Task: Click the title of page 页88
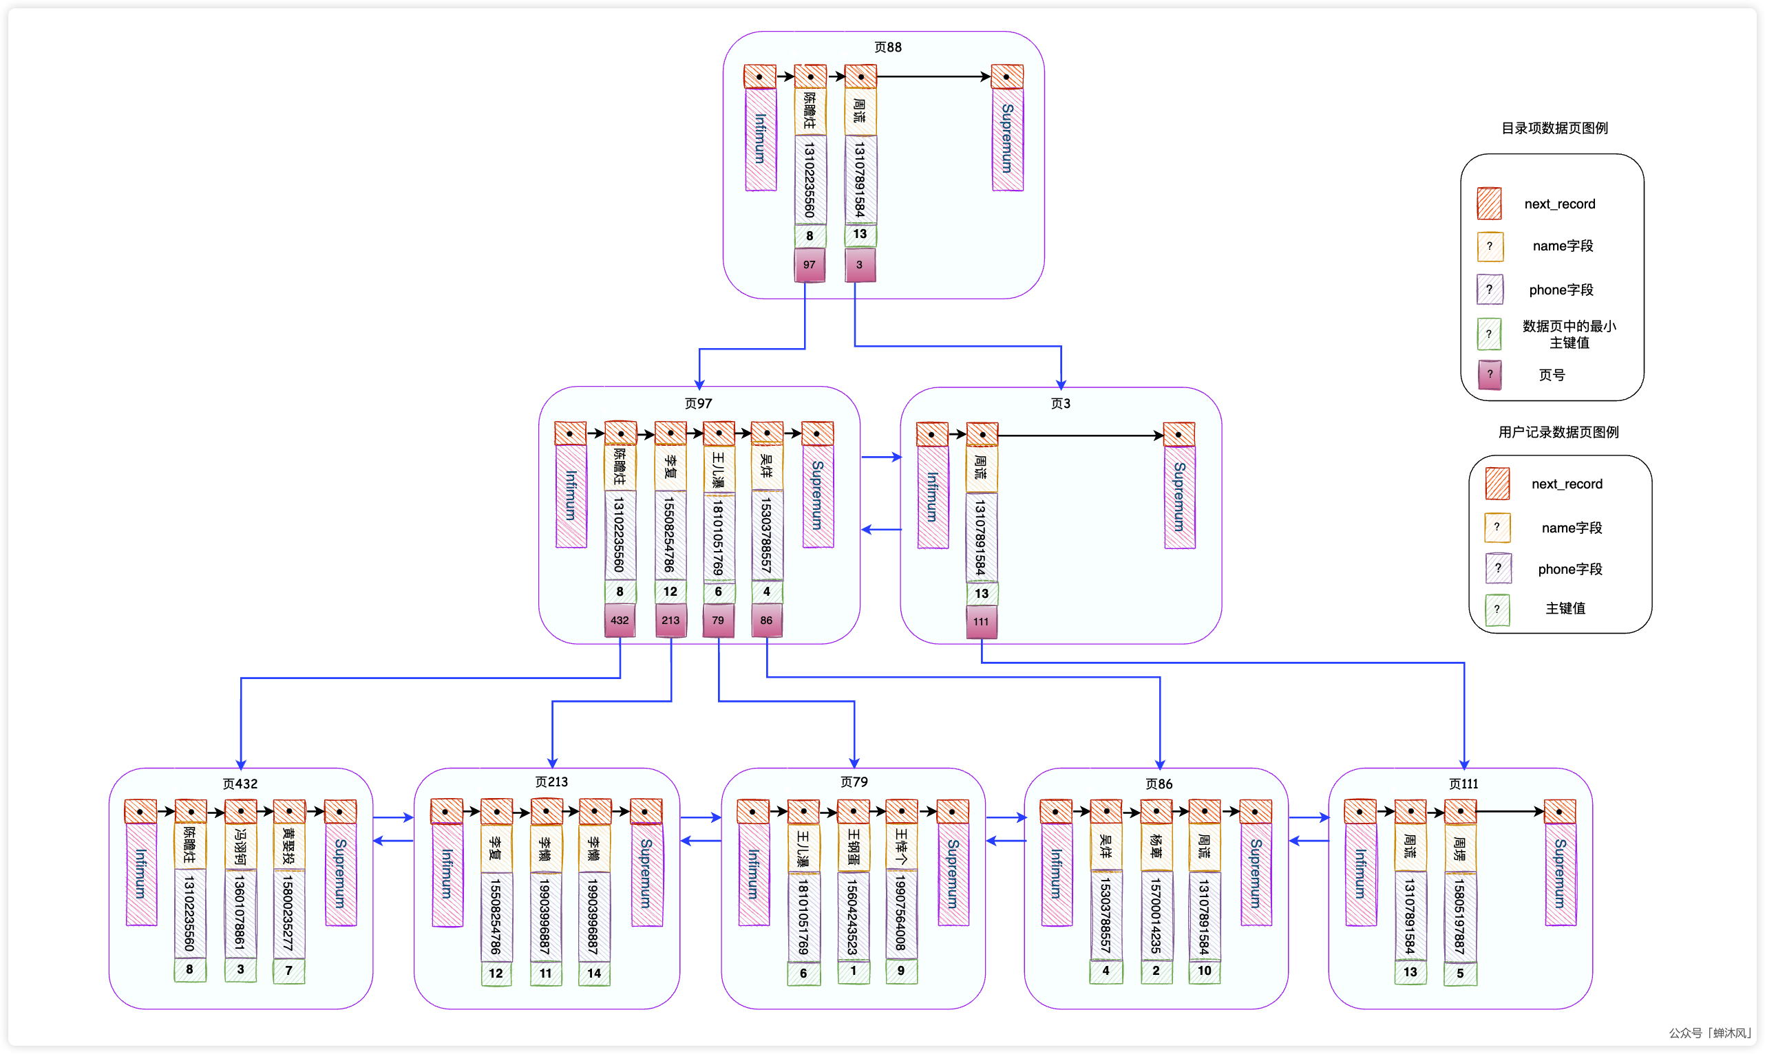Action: click(x=887, y=47)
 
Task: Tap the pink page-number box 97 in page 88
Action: click(x=810, y=264)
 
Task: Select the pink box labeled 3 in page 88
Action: click(x=860, y=264)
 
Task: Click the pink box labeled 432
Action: click(x=620, y=620)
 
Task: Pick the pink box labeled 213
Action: click(x=670, y=620)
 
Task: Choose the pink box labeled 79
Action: click(x=719, y=620)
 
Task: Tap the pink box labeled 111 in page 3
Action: click(x=981, y=621)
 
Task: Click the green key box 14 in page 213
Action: click(x=594, y=973)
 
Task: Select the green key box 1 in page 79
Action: click(x=853, y=971)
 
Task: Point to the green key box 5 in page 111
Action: click(x=1460, y=973)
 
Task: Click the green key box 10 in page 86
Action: click(x=1205, y=971)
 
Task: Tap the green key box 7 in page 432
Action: click(x=288, y=970)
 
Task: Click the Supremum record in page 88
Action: click(x=1007, y=138)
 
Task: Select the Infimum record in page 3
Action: click(x=933, y=497)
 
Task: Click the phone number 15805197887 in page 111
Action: click(x=1459, y=916)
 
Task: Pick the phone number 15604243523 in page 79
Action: click(x=853, y=916)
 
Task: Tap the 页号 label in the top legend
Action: click(x=1552, y=375)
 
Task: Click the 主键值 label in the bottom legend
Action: click(x=1565, y=608)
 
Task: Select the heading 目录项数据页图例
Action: click(x=1554, y=128)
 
